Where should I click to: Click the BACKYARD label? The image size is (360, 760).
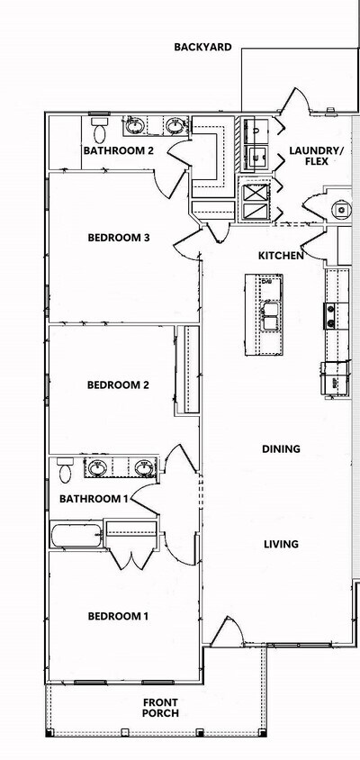[202, 47]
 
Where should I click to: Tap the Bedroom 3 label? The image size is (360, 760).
[118, 238]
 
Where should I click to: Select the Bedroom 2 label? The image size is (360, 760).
[118, 385]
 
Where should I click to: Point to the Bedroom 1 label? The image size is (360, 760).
[118, 616]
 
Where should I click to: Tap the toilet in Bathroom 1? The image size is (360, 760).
[65, 469]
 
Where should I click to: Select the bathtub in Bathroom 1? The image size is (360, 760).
[76, 536]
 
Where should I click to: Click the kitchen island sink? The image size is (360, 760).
[269, 316]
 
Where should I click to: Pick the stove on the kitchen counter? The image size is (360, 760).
[330, 316]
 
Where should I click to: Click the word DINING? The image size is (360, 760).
[281, 448]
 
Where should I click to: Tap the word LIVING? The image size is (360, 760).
[281, 544]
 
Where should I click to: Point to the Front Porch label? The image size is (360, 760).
[160, 708]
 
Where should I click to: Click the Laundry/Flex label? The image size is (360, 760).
[316, 156]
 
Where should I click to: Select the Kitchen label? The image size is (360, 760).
[281, 256]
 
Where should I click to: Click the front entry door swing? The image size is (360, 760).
[227, 631]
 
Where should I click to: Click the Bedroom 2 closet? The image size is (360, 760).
[187, 370]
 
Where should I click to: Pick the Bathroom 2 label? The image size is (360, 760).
[118, 150]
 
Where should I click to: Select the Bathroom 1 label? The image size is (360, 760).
[94, 498]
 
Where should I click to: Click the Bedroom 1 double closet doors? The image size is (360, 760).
[130, 560]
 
